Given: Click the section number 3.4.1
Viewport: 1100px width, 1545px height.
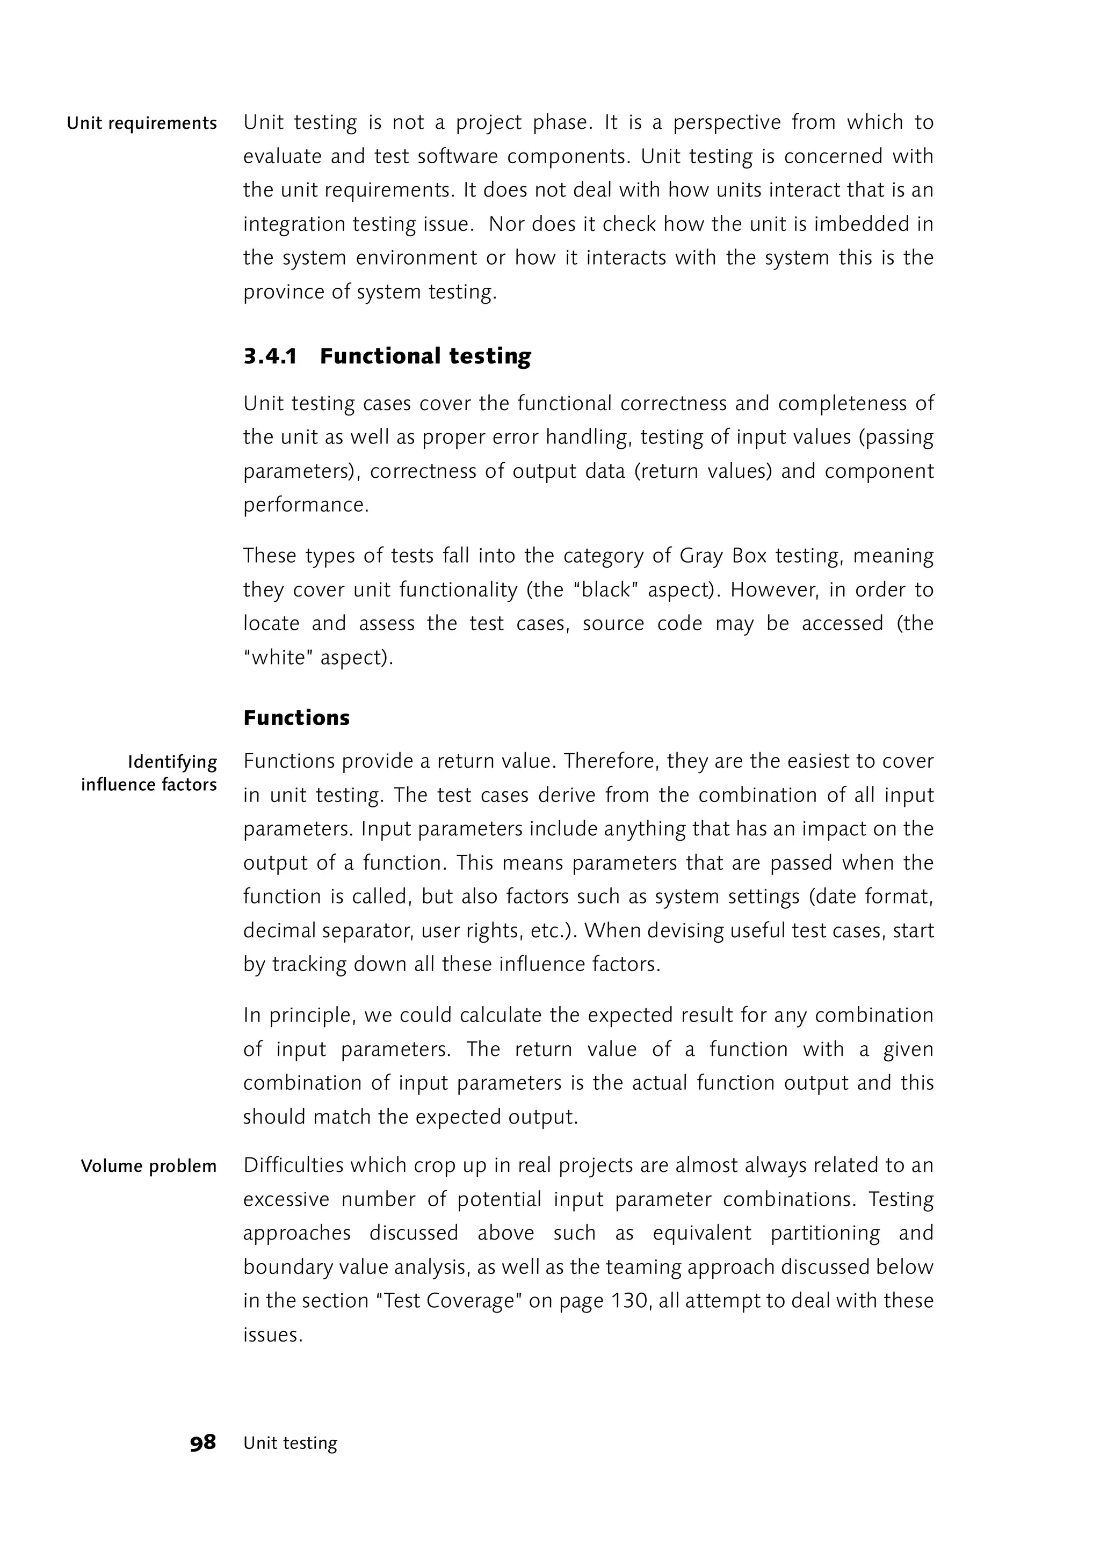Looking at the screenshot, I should pyautogui.click(x=270, y=356).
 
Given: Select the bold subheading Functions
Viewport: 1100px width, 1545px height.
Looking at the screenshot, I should pyautogui.click(x=296, y=718).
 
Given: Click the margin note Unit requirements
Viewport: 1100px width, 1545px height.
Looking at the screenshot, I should pyautogui.click(x=142, y=123).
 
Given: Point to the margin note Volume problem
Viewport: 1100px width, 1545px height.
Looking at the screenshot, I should pyautogui.click(x=148, y=1166).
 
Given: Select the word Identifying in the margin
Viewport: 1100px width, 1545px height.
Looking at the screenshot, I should pyautogui.click(x=172, y=762).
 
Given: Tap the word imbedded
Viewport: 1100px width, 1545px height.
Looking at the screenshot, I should pyautogui.click(x=861, y=224).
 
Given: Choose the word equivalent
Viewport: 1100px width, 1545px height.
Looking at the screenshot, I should pyautogui.click(x=701, y=1233).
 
